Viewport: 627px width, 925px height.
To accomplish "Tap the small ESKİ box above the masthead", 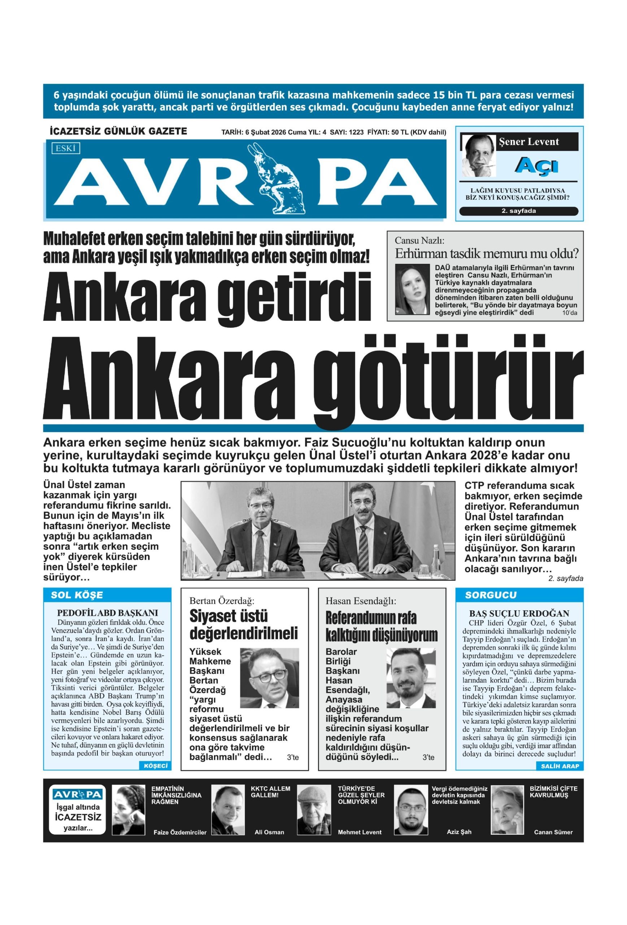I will click(x=66, y=149).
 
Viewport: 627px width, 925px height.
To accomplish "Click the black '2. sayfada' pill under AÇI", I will click(x=518, y=211).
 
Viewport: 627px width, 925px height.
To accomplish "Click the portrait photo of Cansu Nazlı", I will click(x=412, y=289).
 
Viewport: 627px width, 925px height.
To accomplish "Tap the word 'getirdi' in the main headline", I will click(x=294, y=298).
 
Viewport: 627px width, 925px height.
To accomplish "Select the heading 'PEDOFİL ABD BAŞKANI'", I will click(x=107, y=613).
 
